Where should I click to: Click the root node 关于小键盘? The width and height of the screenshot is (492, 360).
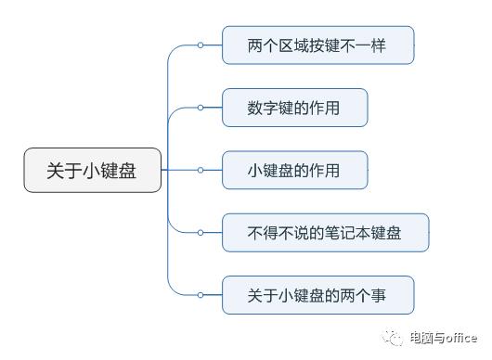(92, 171)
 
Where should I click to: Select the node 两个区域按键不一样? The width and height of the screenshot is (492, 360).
(317, 45)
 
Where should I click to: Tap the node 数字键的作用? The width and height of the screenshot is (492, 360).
(294, 108)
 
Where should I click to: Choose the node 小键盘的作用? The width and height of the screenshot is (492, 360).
(294, 170)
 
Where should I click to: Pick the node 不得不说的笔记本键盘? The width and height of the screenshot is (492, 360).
(325, 232)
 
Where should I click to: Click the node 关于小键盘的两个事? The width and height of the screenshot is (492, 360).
(317, 295)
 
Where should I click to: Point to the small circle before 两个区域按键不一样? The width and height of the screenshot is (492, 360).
(200, 45)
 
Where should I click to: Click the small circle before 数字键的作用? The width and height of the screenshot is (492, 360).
(200, 108)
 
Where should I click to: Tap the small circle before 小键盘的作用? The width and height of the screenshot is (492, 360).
(200, 170)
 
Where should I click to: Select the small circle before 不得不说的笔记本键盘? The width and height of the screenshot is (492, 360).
(200, 232)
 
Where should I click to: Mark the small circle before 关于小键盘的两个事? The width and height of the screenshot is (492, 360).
(200, 295)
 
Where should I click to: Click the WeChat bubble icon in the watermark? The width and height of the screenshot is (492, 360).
(395, 338)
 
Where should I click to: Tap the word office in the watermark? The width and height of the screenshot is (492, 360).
(459, 339)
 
